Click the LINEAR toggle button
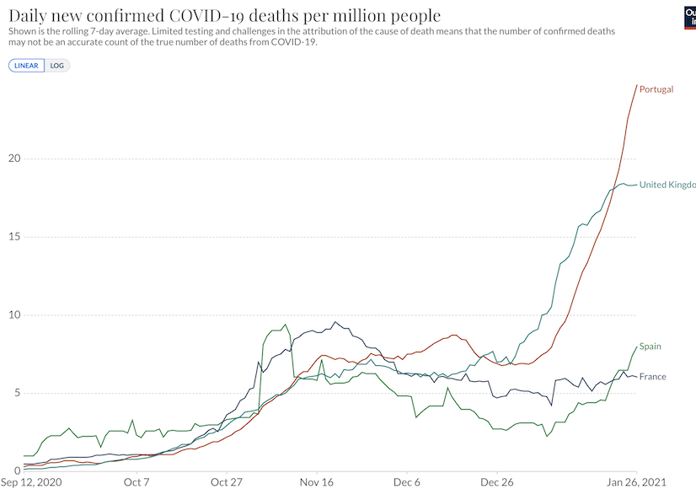26,65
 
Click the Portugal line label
656,89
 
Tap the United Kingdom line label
667,185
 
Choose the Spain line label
650,347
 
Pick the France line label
653,377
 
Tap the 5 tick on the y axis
14,393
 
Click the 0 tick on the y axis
14,470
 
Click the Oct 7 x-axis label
137,482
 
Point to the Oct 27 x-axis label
227,482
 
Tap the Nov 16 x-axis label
317,482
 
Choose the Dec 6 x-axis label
407,482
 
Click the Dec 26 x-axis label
497,482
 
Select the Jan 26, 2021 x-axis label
638,482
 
